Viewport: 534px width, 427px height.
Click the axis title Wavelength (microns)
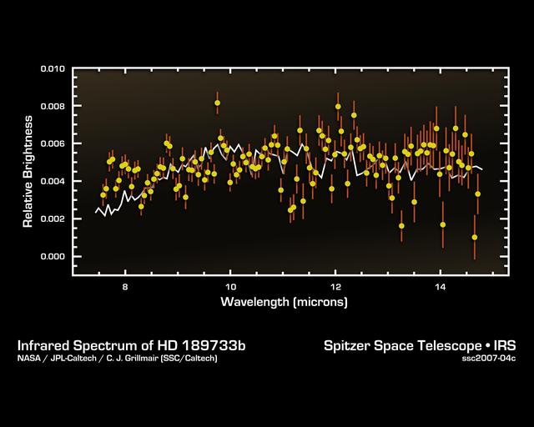[x=284, y=300]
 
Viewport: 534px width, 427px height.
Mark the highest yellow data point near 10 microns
[x=218, y=103]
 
